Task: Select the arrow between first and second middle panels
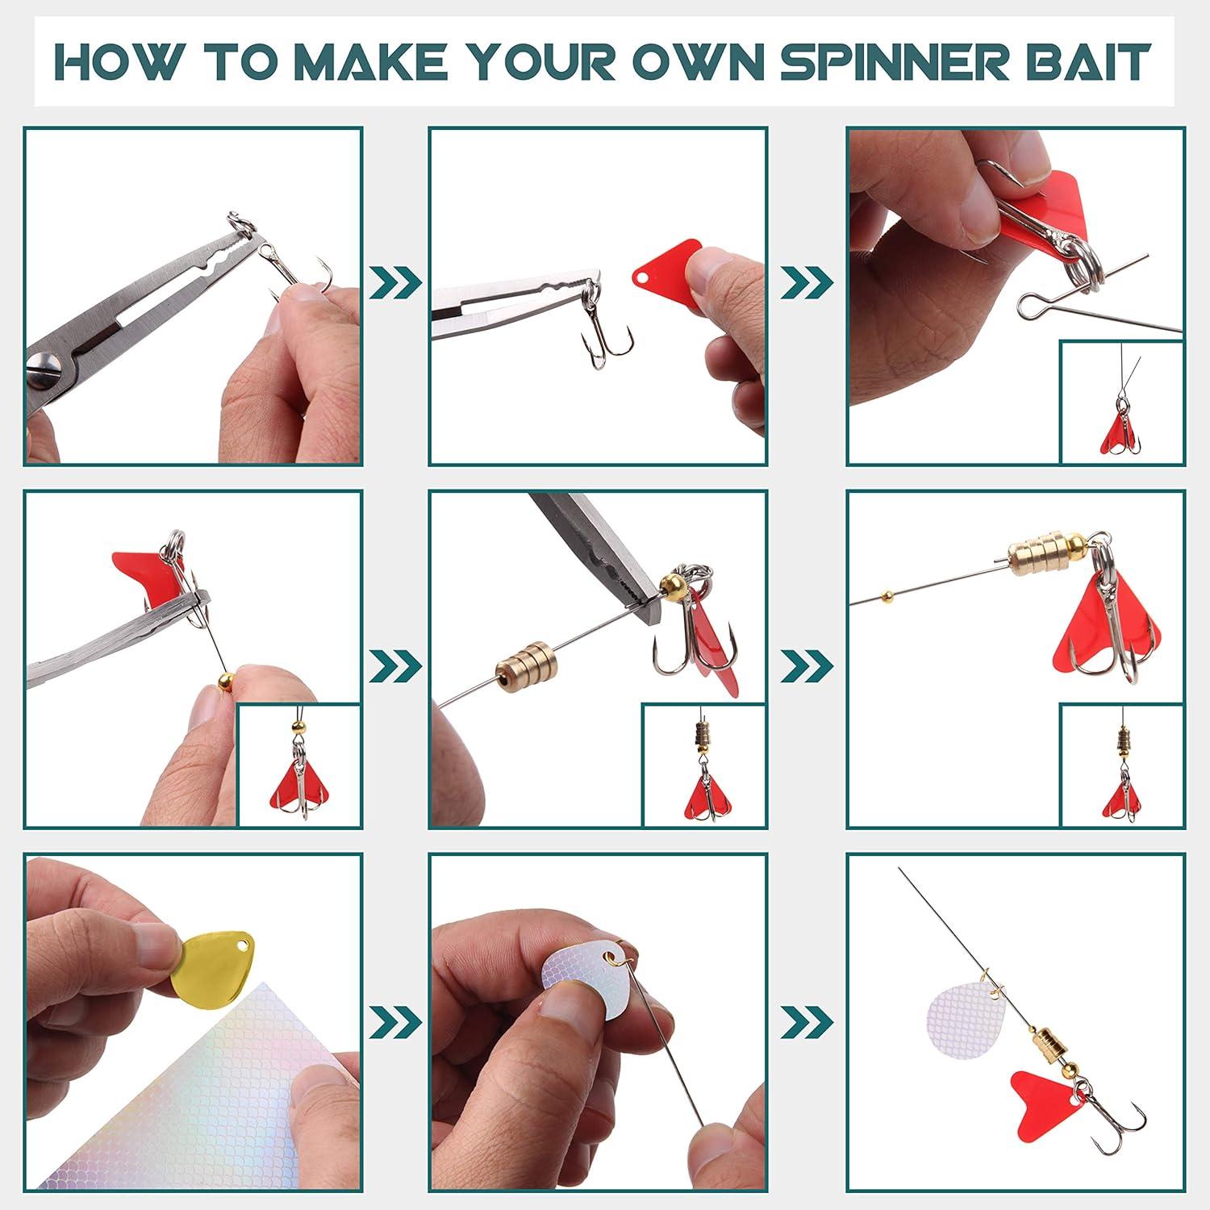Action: click(395, 664)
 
